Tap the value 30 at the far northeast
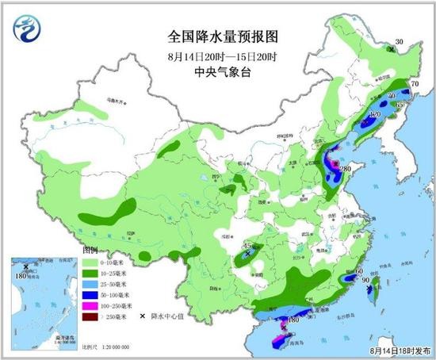pyautogui.click(x=400, y=41)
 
